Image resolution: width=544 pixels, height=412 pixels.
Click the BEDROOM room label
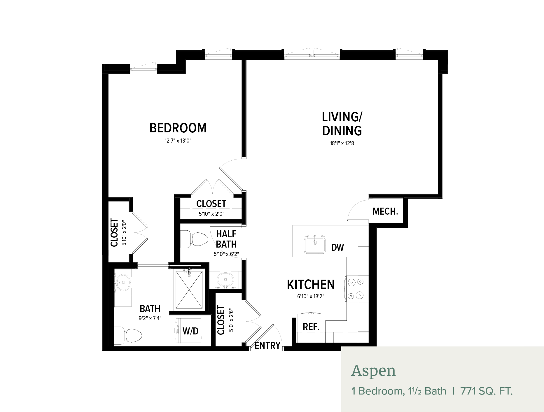point(178,128)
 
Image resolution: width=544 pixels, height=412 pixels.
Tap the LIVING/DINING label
point(342,124)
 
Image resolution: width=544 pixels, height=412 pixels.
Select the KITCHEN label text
point(311,285)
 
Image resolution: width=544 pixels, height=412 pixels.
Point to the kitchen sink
point(315,245)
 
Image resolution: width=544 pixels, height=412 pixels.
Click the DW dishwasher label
point(337,248)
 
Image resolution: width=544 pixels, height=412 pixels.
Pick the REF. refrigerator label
point(311,327)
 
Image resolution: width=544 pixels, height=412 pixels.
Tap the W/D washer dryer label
point(190,331)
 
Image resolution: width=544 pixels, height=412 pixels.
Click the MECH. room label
point(385,211)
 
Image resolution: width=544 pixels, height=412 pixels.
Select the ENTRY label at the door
point(267,346)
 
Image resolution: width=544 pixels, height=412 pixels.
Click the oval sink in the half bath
point(225,280)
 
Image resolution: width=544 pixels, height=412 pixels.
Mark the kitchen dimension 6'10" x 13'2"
point(311,297)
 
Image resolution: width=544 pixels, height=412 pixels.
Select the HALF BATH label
point(226,239)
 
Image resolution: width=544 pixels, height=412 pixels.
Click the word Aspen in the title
point(374,371)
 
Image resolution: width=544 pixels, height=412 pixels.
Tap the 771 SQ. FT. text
point(486,391)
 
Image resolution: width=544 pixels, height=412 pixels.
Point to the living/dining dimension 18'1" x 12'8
point(342,143)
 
